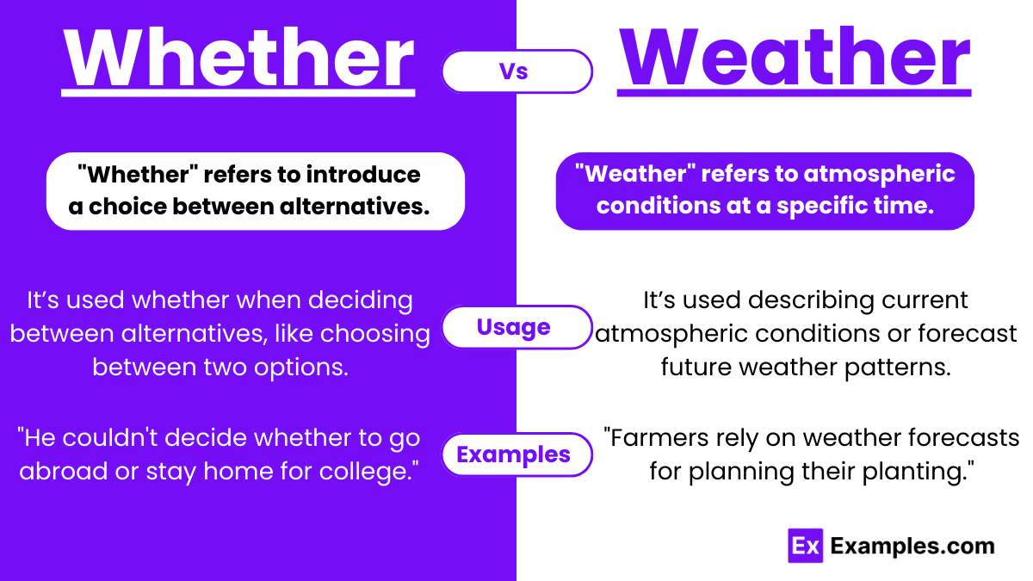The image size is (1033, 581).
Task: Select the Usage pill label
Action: point(514,327)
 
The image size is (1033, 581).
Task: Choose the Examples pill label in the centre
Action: point(514,454)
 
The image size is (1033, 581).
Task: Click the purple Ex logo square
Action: point(805,546)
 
